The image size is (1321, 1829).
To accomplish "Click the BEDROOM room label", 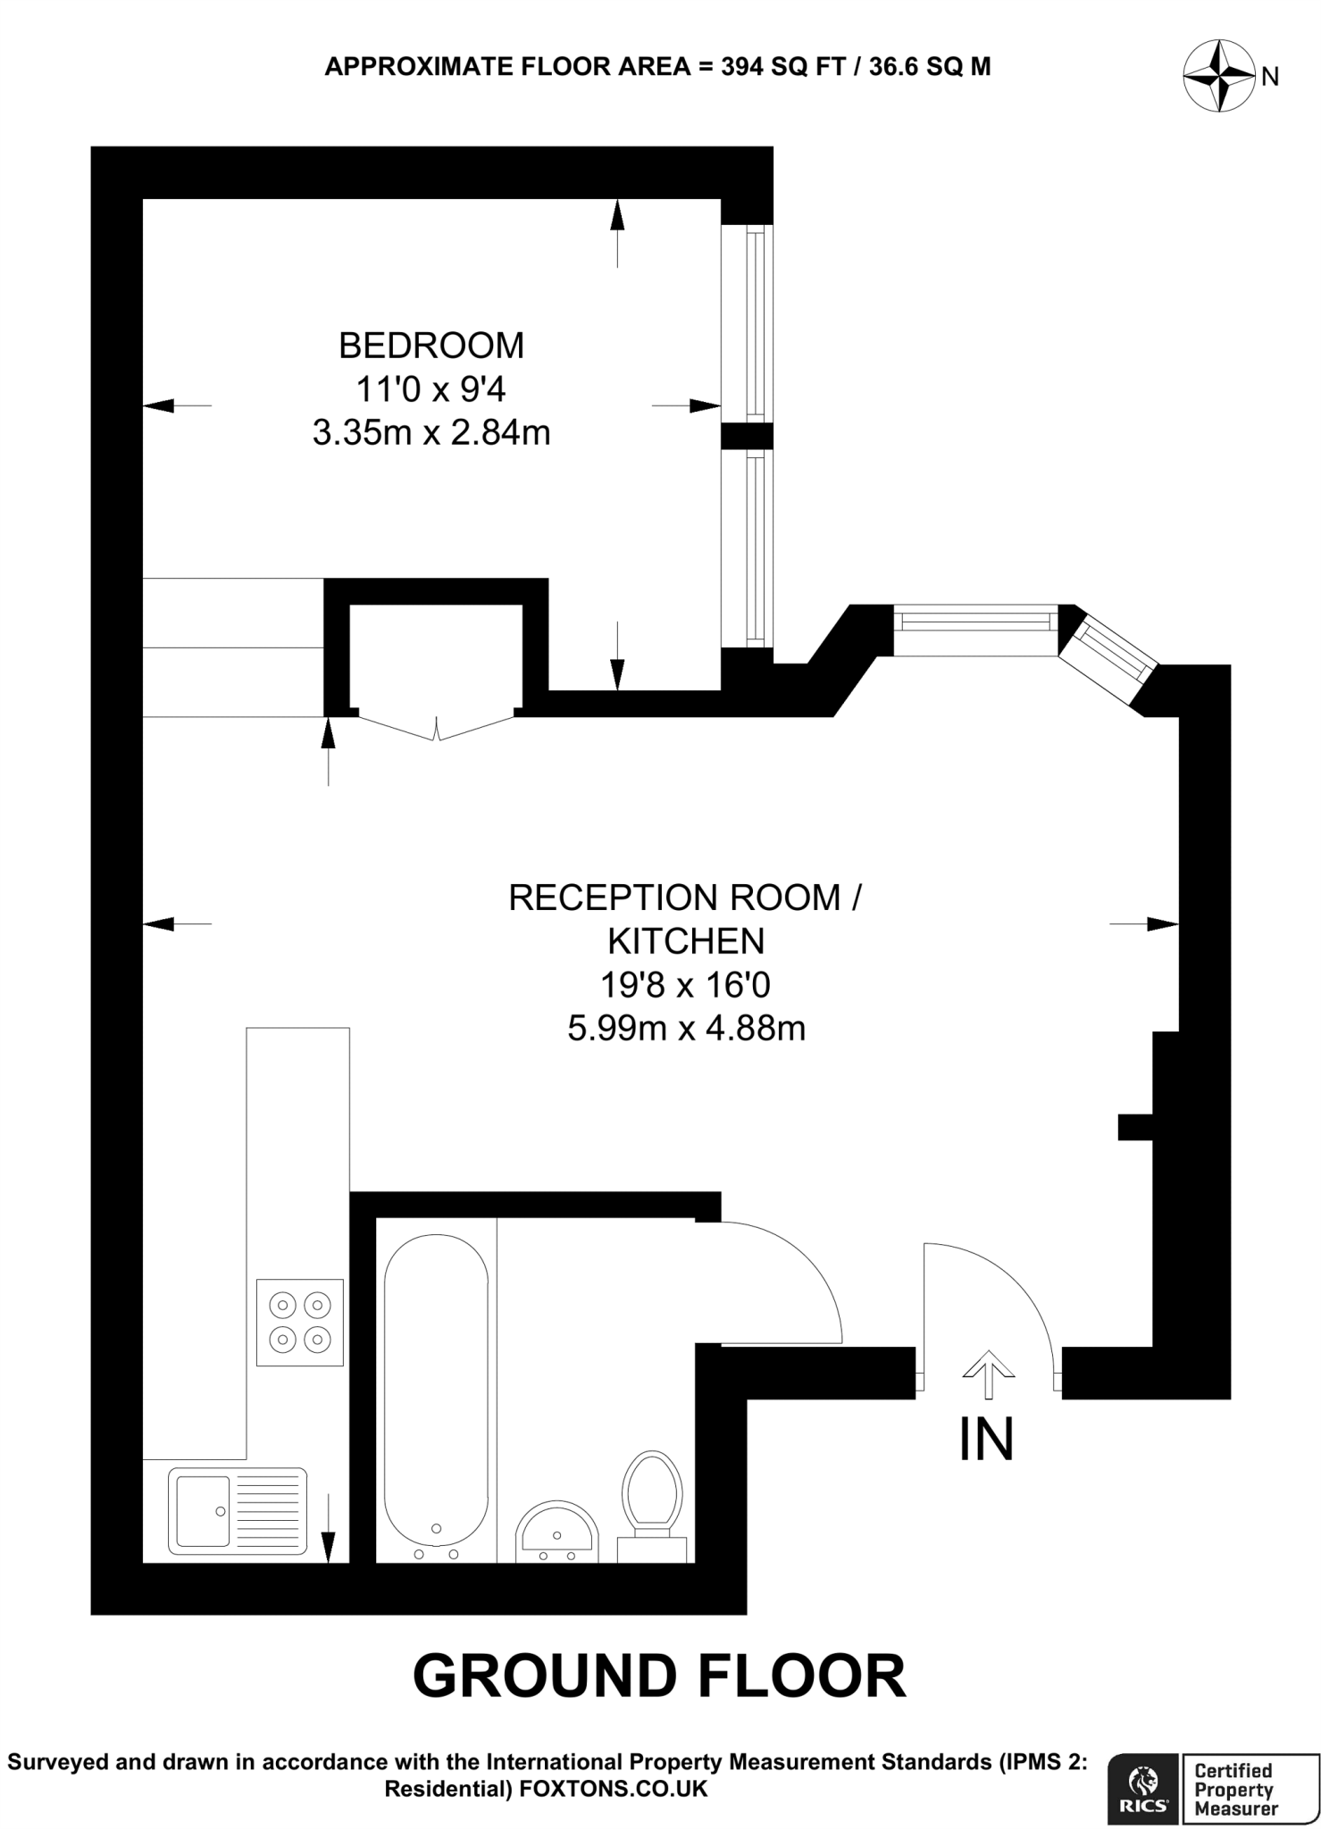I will tap(431, 346).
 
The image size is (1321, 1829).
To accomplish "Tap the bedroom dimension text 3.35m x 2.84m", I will tap(431, 433).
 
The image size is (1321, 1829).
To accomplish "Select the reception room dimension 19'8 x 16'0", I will tap(685, 985).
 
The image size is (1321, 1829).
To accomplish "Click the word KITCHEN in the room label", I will tap(686, 941).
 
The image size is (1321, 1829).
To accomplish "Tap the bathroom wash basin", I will tap(556, 1531).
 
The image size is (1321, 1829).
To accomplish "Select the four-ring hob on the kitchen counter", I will tap(299, 1323).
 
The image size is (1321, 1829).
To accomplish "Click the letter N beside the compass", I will tap(1270, 78).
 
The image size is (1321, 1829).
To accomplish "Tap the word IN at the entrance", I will tap(986, 1440).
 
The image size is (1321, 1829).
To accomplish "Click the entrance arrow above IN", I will tap(988, 1374).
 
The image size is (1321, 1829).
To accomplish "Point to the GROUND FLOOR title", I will tap(659, 1676).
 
